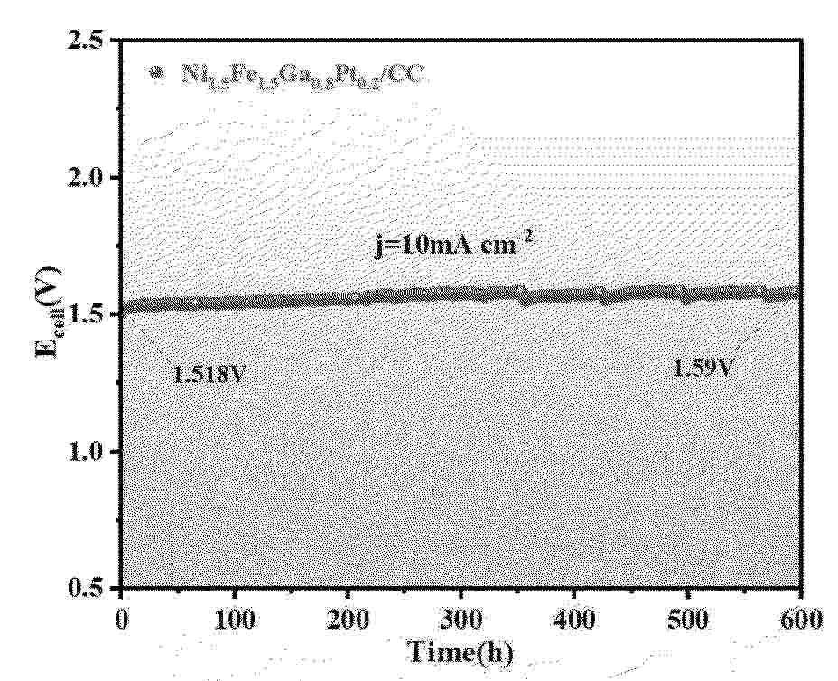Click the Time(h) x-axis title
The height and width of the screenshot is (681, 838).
click(461, 653)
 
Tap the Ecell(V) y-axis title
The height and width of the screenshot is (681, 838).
click(48, 312)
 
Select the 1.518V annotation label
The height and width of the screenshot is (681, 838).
click(210, 371)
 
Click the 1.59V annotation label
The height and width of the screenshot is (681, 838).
click(701, 368)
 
